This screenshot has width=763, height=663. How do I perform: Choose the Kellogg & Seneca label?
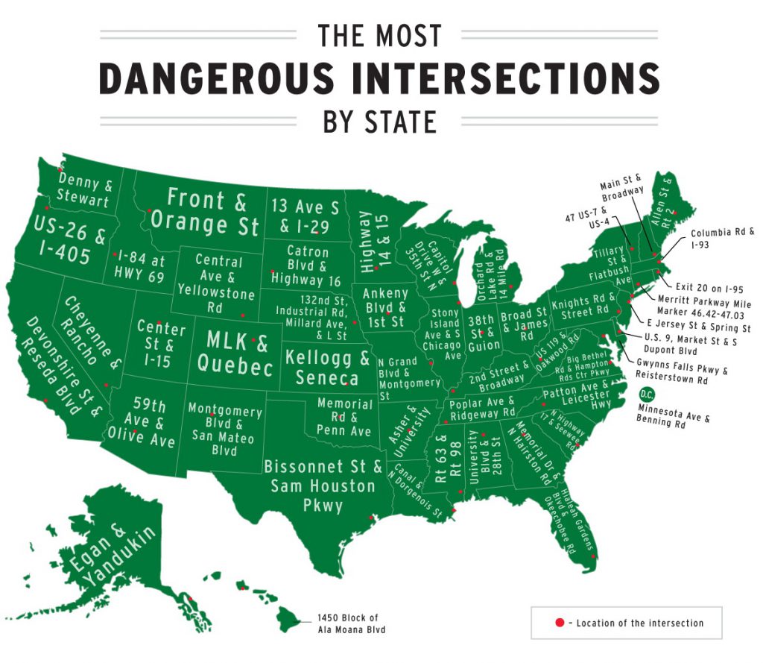(327, 367)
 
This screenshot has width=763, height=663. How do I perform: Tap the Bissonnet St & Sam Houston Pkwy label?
(323, 486)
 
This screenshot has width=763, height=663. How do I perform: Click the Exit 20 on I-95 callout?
(700, 286)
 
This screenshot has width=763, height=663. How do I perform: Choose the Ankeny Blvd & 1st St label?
(385, 307)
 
